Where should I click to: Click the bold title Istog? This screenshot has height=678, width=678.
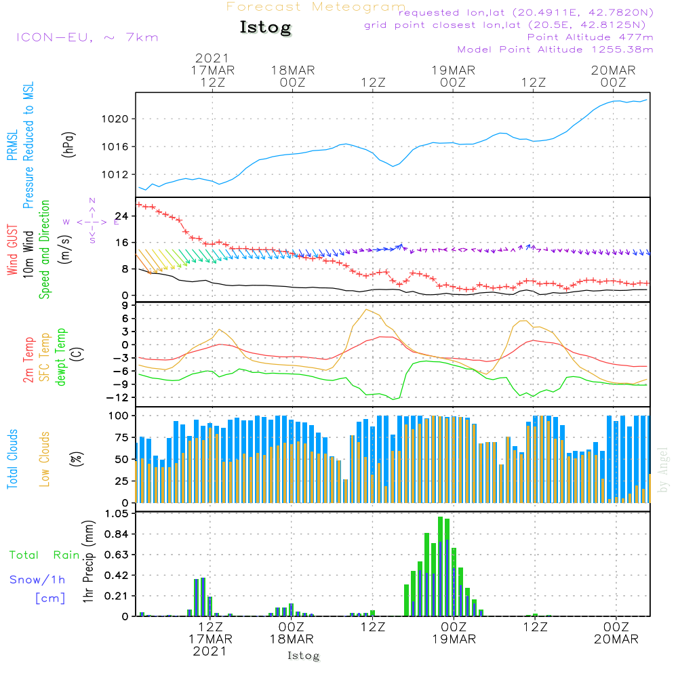click(265, 28)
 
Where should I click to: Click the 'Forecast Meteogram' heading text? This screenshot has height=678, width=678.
click(315, 7)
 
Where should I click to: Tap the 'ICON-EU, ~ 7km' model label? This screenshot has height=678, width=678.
click(87, 37)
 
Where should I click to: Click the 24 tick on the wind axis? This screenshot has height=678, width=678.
click(125, 216)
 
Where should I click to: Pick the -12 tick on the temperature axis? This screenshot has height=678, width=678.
click(122, 397)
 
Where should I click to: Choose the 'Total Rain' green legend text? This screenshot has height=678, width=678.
click(44, 555)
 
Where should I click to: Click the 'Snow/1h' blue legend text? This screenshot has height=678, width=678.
click(37, 580)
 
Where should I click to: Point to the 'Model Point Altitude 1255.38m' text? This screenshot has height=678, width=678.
click(555, 49)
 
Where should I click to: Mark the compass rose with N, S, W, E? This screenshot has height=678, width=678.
click(92, 221)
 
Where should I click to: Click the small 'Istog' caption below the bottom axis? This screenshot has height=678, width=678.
click(303, 656)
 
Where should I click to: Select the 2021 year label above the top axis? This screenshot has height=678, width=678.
click(212, 58)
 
